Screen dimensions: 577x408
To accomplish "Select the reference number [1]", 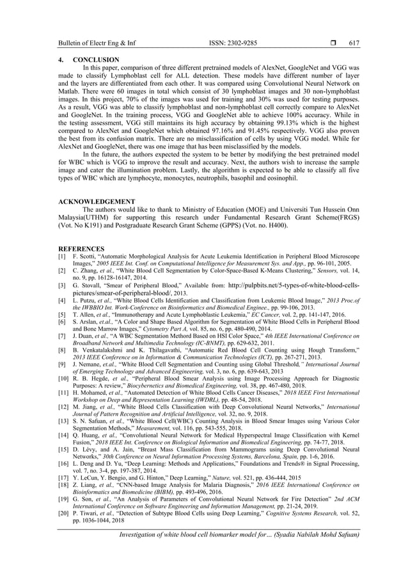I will click(63, 256).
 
